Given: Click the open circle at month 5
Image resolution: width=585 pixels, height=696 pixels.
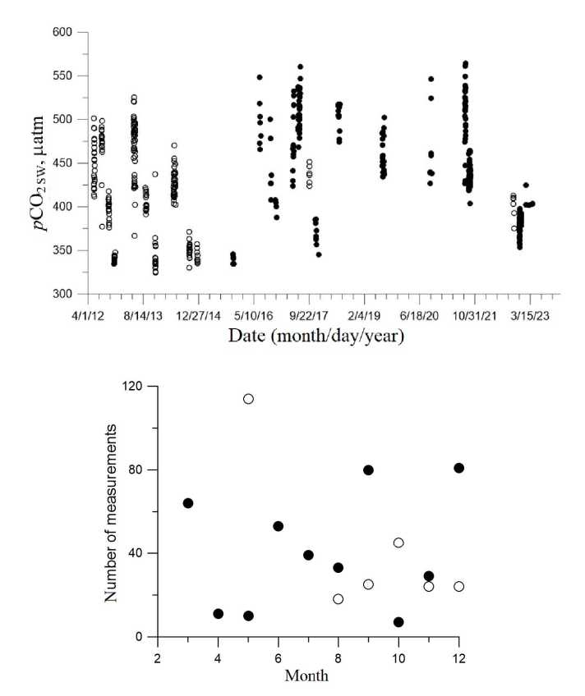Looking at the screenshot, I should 248,399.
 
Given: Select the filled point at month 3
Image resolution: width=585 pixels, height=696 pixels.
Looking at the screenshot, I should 188,503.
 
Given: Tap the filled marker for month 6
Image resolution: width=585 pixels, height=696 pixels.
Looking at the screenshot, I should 279,526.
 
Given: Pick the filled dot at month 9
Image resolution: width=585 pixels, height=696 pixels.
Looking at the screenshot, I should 369,470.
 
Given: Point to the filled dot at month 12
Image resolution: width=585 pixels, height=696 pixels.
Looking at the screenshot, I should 459,468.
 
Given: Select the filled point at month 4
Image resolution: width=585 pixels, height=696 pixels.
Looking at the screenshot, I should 218,614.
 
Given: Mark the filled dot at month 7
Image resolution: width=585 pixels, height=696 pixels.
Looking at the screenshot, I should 308,555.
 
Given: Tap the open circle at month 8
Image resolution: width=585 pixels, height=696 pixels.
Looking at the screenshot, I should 339,599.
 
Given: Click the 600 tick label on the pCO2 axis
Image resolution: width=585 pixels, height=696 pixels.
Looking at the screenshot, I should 63,32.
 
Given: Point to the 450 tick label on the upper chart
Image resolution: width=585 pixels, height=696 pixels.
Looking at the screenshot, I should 63,163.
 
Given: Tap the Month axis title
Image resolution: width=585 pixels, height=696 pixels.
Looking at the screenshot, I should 308,677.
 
